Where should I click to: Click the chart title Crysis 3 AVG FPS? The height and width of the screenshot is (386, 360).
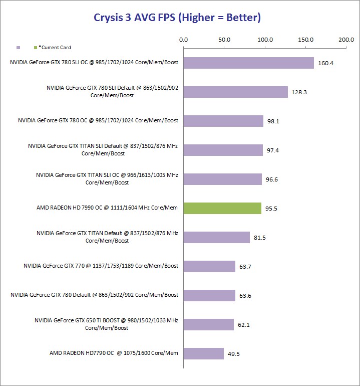pos(177,18)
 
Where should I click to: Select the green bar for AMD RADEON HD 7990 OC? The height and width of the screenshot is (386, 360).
pos(222,208)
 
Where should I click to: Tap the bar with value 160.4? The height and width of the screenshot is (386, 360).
pos(248,63)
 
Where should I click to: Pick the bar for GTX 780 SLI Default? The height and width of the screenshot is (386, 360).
pos(235,92)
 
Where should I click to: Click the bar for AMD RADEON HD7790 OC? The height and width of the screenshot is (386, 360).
pos(203,353)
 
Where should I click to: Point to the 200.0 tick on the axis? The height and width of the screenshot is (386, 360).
pos(346,40)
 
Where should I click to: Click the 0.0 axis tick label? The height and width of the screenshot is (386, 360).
pos(183,40)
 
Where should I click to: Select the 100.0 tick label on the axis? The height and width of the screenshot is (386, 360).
pos(264,40)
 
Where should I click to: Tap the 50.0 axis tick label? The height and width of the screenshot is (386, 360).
pos(224,40)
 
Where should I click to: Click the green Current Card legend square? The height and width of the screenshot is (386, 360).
pos(35,48)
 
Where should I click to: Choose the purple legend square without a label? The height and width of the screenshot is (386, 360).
pos(18,48)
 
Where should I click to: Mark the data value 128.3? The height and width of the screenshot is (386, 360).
pos(300,92)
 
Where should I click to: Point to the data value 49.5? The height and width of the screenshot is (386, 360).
pos(234,354)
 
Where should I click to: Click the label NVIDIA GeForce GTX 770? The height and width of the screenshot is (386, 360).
pos(101,266)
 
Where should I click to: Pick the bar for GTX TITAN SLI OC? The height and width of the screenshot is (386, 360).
pos(222,179)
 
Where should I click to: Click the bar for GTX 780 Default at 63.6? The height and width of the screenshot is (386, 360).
pos(209,295)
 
